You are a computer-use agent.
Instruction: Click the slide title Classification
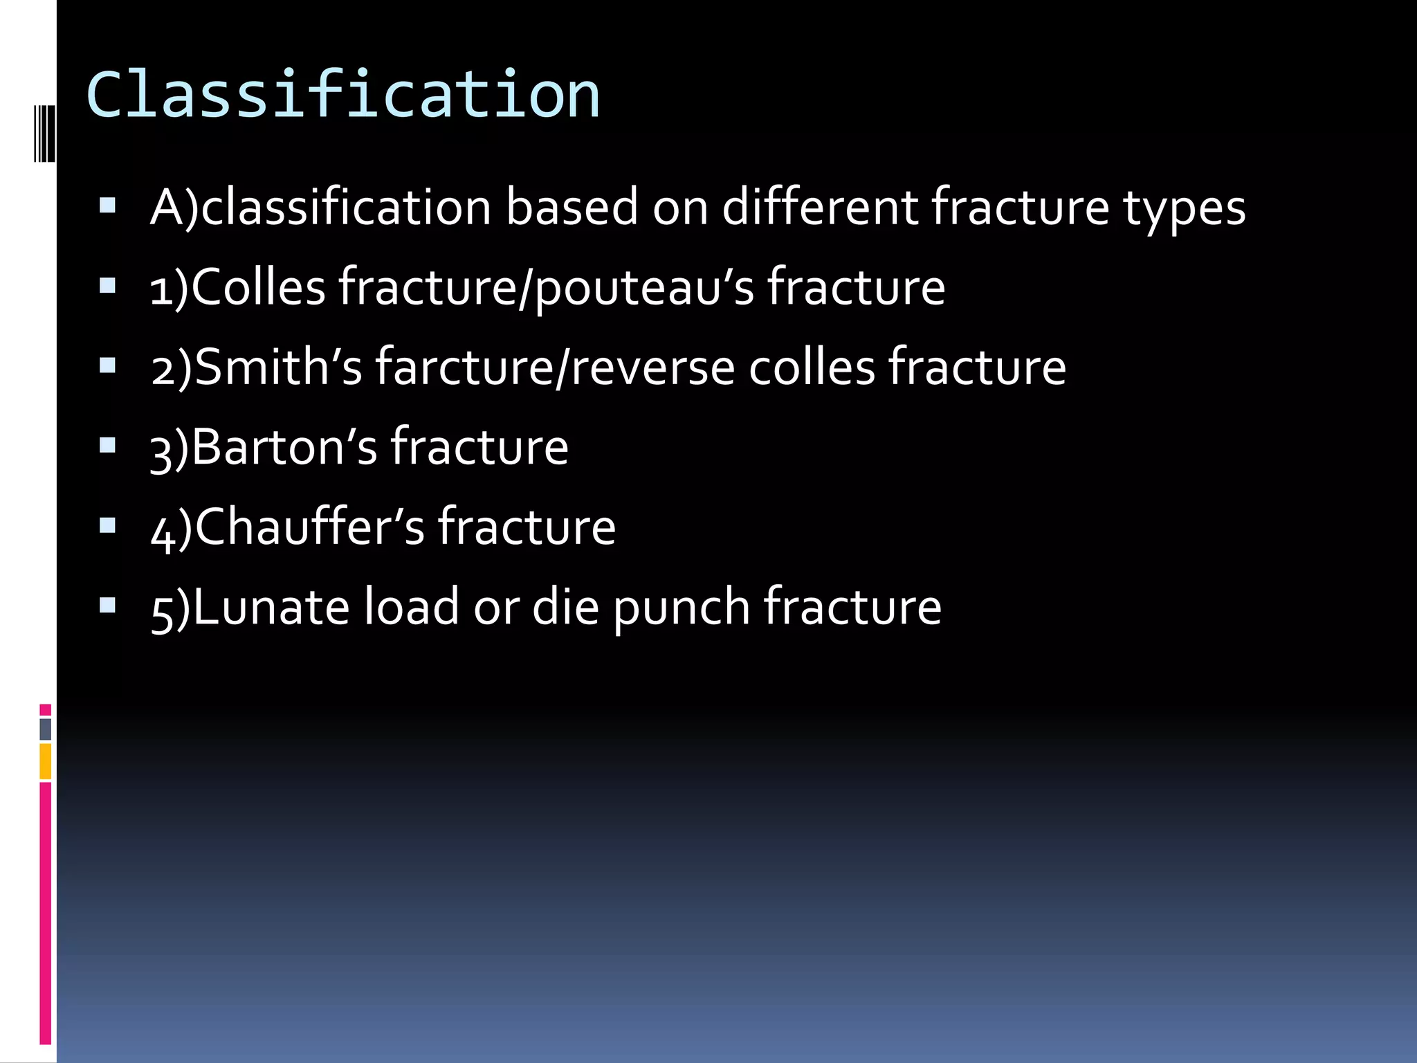tap(342, 95)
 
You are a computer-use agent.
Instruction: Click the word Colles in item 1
tap(258, 287)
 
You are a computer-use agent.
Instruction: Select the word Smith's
tap(278, 367)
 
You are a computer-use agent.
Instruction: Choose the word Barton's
tap(284, 447)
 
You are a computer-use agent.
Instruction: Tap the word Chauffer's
tap(310, 527)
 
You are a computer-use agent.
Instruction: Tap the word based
tap(572, 207)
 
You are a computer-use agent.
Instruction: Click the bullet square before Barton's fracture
tap(107, 444)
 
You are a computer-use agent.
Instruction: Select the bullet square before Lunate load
tap(107, 605)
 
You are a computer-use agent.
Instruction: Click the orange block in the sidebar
tap(45, 761)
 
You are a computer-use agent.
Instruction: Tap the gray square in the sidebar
tap(45, 729)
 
